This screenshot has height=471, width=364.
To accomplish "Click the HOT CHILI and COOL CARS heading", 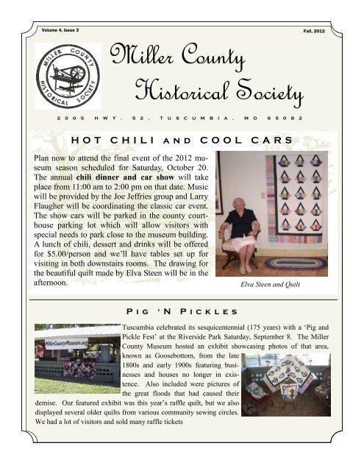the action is point(182,140).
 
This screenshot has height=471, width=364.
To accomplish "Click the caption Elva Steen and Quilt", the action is point(284,282).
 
